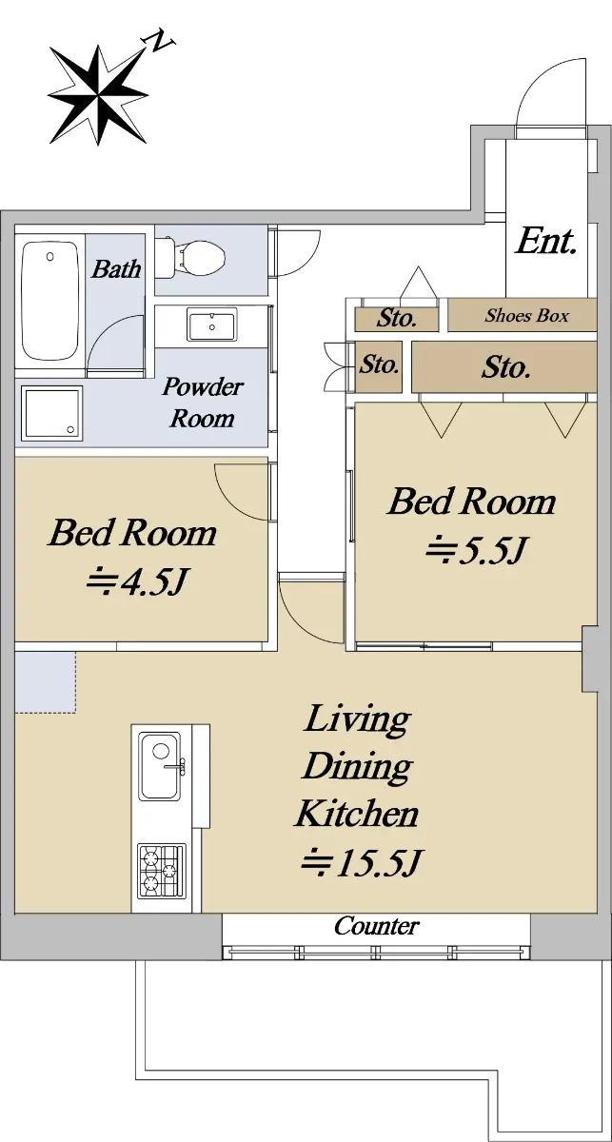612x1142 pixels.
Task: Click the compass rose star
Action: point(98,95)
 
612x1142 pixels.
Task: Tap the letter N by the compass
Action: point(160,42)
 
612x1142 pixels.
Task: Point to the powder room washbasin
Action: point(211,325)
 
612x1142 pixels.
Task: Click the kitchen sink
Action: point(160,766)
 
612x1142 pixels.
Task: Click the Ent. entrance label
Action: point(545,242)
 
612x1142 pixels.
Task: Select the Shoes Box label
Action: point(526,316)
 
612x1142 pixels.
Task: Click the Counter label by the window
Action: point(376,926)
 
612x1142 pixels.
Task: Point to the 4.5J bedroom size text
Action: point(136,582)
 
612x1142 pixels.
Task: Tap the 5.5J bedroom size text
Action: point(475,551)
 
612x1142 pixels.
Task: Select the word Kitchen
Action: point(357,814)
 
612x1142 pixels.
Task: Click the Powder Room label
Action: point(203,403)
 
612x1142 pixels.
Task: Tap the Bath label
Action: point(116,268)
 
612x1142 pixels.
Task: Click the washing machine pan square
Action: point(51,413)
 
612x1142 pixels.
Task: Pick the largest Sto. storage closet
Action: point(503,367)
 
